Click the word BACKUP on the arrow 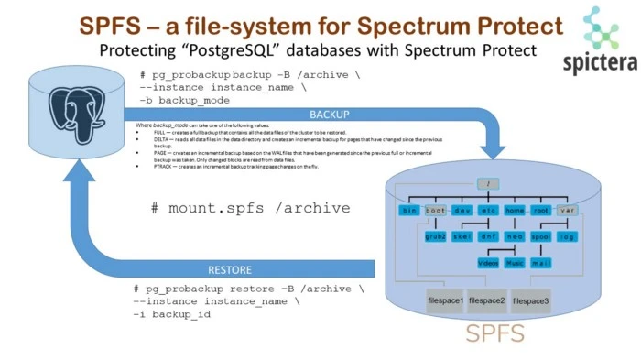pos(329,115)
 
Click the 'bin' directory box pos(408,211)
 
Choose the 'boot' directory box pos(435,211)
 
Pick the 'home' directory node pos(515,211)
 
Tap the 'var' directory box pos(568,211)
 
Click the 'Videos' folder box pos(488,263)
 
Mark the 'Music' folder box pos(515,263)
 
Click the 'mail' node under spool pos(541,263)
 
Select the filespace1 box pos(444,300)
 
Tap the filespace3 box pos(530,300)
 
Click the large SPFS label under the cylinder pos(495,333)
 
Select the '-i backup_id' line pos(172,314)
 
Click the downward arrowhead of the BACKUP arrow pos(495,146)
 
